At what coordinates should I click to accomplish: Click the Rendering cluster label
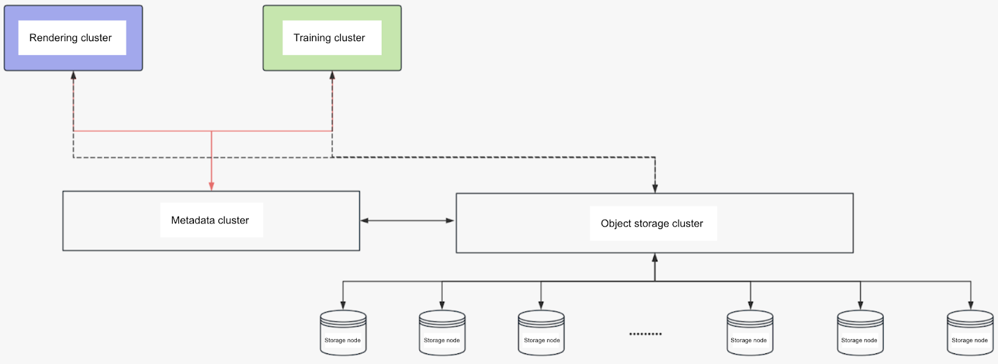point(70,38)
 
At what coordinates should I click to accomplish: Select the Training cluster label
point(329,38)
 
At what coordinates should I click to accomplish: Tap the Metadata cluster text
point(210,220)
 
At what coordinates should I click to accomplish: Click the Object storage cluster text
point(652,224)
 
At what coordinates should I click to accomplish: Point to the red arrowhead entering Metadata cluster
point(211,185)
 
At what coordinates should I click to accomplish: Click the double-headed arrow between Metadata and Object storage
point(407,220)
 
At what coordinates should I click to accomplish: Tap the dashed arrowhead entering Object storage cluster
point(655,188)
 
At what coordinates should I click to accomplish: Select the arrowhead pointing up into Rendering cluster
point(74,76)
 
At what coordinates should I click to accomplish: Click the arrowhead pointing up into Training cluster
point(332,76)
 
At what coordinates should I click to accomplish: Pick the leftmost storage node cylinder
point(343,333)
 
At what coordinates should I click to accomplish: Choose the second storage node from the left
point(442,333)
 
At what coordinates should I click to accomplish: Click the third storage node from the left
point(541,333)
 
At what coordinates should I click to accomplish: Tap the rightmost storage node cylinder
point(970,333)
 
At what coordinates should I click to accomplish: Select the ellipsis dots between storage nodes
point(646,334)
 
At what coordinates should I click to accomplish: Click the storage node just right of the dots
point(750,333)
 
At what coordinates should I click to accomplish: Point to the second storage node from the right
point(860,333)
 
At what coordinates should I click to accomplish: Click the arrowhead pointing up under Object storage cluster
point(655,258)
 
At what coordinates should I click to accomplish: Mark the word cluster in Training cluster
point(349,38)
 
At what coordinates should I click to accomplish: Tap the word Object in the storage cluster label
point(616,224)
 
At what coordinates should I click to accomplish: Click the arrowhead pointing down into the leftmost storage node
point(343,305)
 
